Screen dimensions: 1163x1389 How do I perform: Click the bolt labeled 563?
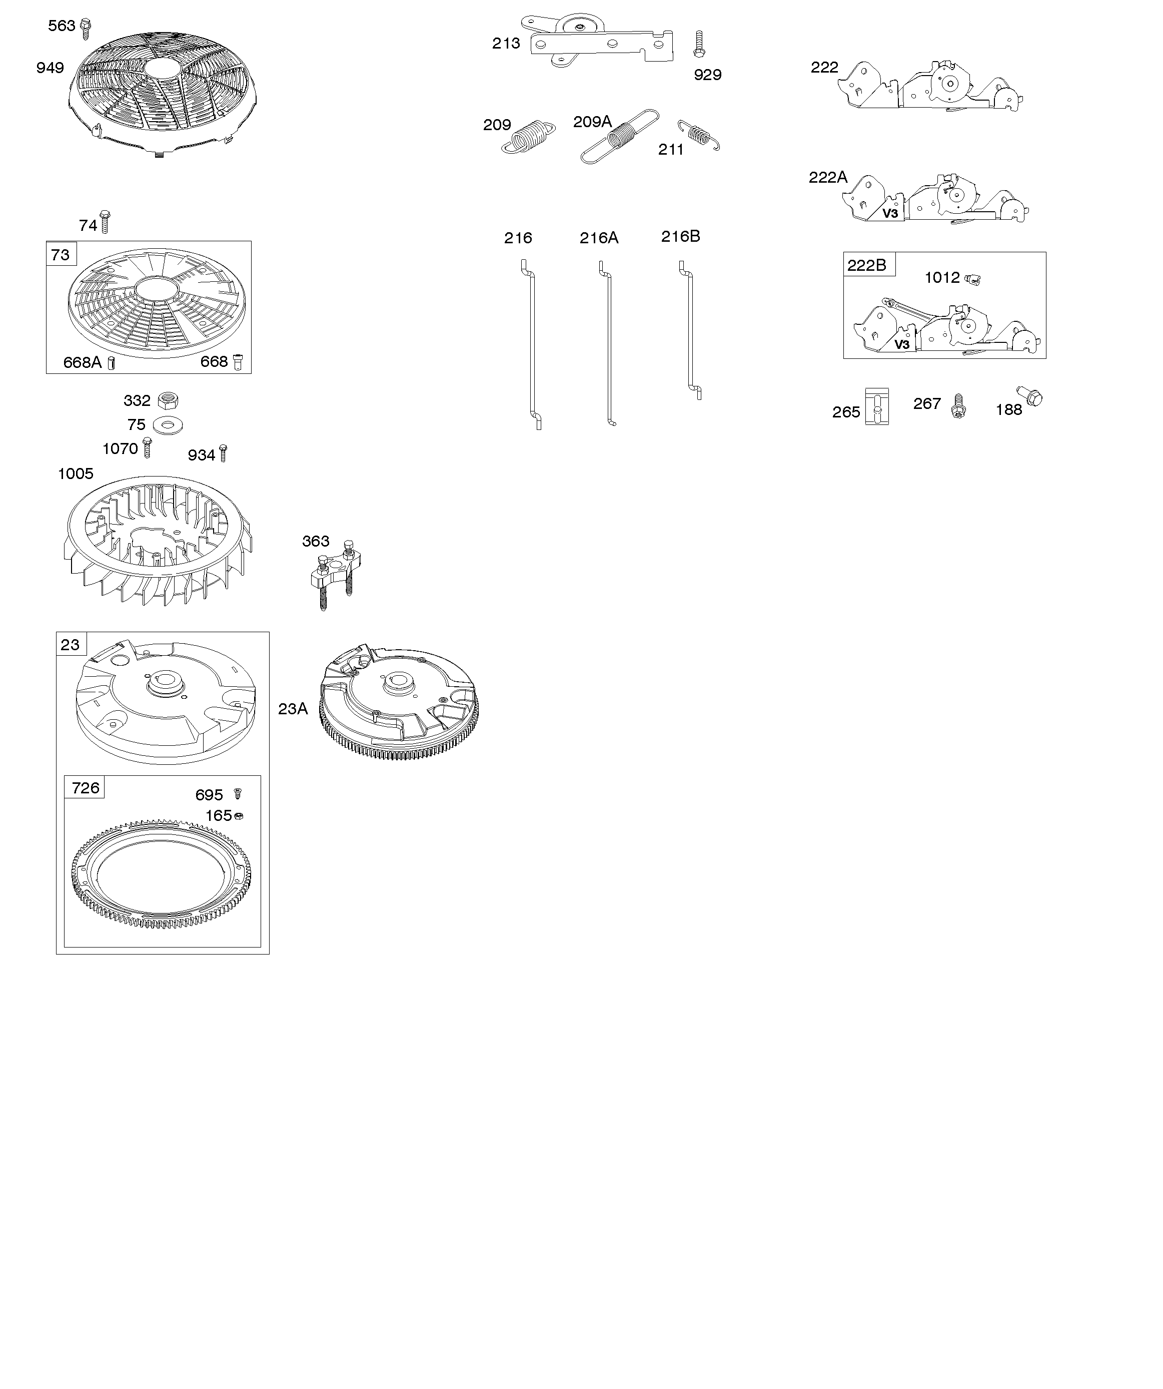[86, 29]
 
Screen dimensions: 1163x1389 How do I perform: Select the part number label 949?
[50, 68]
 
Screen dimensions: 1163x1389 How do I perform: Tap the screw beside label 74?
[105, 222]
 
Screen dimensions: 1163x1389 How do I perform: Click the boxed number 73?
[60, 255]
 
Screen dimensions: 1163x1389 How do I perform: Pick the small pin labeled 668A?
[112, 362]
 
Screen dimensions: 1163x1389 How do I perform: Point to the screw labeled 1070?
[148, 448]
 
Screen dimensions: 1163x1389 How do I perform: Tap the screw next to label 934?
[224, 452]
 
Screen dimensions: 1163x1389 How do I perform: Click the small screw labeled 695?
[239, 793]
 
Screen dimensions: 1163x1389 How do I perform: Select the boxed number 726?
[86, 788]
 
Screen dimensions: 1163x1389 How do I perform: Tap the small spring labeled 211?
[699, 135]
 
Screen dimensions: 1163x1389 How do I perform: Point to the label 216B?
[680, 236]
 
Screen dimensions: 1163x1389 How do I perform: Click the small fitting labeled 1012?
[971, 279]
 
